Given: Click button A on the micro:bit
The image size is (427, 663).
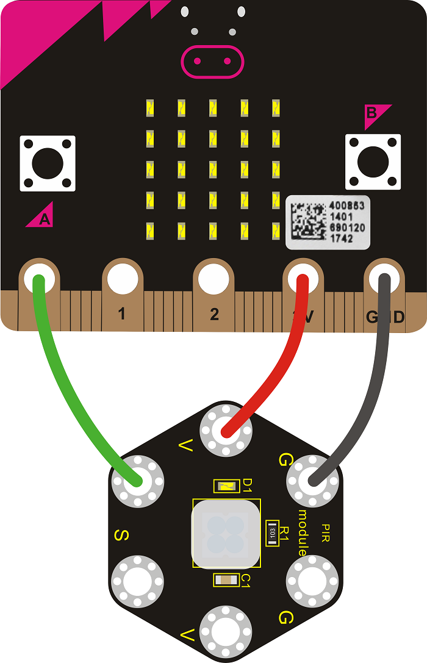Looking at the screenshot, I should (x=48, y=163).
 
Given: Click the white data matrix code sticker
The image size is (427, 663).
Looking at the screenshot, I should (x=328, y=222).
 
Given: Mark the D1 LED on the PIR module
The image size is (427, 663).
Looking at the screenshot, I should (x=225, y=486).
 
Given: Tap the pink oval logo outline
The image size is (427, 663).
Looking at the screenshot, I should (x=212, y=61).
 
